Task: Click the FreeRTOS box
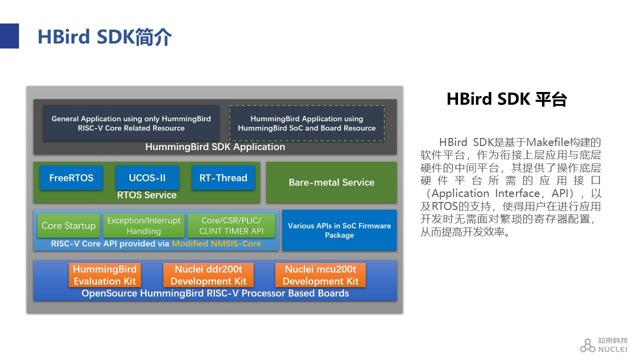click(71, 177)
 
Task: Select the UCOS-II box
click(147, 177)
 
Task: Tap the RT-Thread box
click(223, 177)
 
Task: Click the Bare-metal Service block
click(331, 182)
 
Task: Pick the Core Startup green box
click(68, 225)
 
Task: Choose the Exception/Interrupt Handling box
click(143, 225)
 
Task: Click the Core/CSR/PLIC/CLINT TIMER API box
click(231, 225)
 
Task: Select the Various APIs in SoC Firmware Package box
click(339, 230)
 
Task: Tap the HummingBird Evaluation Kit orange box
click(105, 275)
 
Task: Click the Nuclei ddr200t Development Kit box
click(208, 275)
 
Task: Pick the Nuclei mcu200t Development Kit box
click(320, 275)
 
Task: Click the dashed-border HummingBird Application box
click(307, 123)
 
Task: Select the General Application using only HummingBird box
click(131, 123)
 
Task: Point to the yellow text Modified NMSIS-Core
click(216, 243)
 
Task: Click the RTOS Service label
click(147, 195)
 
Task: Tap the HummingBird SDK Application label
click(215, 147)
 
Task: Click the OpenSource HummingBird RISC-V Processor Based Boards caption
click(215, 293)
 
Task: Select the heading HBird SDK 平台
click(507, 99)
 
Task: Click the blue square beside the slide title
click(9, 36)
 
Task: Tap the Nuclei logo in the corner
click(603, 345)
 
